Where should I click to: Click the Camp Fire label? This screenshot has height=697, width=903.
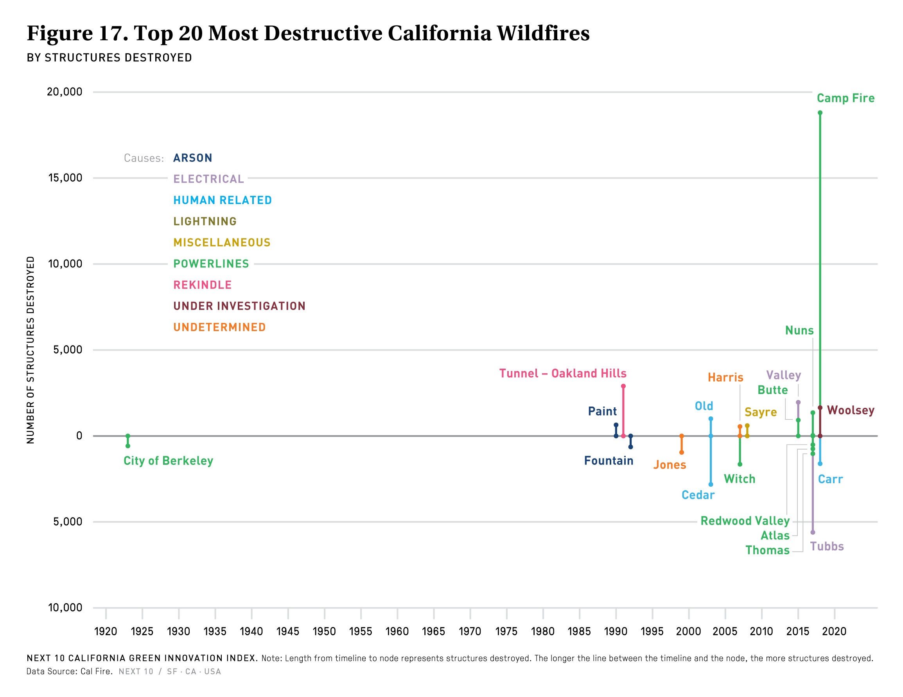coord(845,99)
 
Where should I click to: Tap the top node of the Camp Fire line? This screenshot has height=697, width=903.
coord(820,113)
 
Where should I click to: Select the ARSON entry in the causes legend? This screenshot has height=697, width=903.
coord(193,158)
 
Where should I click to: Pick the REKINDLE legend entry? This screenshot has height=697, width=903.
coord(203,285)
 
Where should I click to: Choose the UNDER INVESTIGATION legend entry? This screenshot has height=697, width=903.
coord(239,306)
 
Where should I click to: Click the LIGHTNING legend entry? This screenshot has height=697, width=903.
coord(205,221)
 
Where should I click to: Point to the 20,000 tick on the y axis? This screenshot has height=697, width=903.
coord(65,92)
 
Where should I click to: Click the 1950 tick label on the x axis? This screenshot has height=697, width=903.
coord(324,631)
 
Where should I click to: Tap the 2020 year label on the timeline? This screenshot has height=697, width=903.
coord(834,631)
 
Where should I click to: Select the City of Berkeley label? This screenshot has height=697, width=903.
coord(168,460)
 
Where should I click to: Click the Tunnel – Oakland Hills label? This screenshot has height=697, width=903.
coord(563,373)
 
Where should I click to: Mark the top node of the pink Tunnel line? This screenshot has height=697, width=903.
coord(623,386)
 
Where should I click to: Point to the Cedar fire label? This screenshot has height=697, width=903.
coord(698,495)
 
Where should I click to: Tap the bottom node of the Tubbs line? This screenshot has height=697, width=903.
coord(812,532)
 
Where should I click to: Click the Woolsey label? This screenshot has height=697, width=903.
coord(851,410)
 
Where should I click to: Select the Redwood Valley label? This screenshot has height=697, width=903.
coord(745,520)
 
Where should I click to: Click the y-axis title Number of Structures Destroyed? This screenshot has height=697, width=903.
coord(31,350)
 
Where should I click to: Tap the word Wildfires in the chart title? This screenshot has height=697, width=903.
coord(543,33)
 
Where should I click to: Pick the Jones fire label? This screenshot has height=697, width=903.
coord(670,465)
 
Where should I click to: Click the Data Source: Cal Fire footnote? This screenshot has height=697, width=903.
coord(70,671)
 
